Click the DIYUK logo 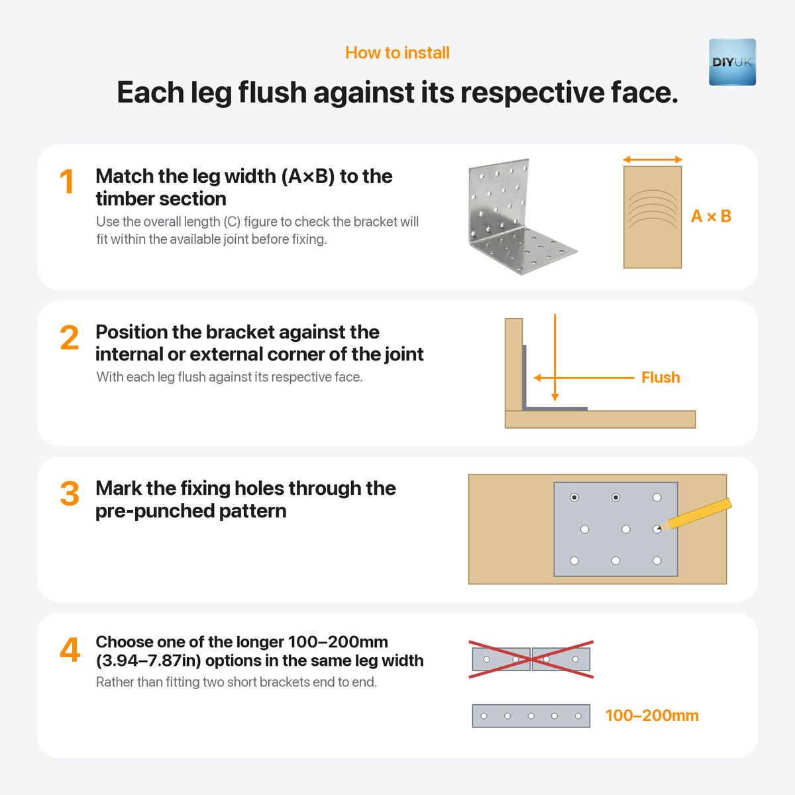coord(732,62)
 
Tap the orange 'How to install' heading coord(397,53)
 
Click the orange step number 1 coord(67,182)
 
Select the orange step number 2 coord(70,337)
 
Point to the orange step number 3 coord(70,494)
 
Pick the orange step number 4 coord(70,650)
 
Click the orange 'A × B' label coord(712,216)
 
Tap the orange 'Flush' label coord(661,378)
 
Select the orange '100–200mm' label coord(652,715)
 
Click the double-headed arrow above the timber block coord(653,160)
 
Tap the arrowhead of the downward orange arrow coord(555,397)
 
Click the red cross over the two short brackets coord(531,659)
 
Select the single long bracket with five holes coord(531,715)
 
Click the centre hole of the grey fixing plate coord(625,529)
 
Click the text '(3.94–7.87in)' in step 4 coord(148,661)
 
